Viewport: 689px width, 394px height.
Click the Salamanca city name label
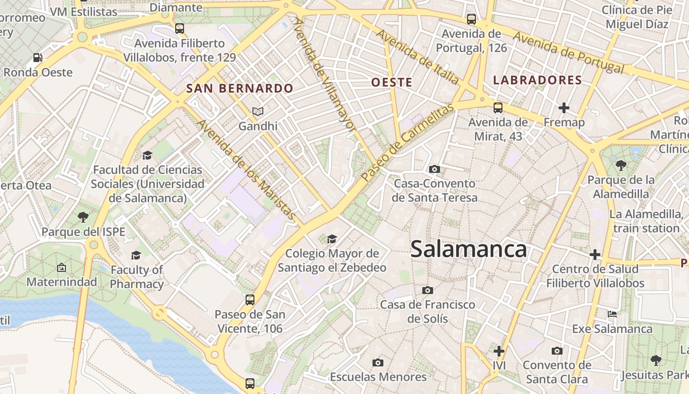pos(469,249)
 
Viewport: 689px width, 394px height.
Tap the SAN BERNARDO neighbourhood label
pos(240,89)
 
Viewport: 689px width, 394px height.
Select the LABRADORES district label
pos(537,80)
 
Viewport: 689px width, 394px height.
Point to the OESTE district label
pos(392,82)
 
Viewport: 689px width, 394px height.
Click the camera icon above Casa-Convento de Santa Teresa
pos(434,169)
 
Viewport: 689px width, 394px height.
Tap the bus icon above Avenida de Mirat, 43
pos(498,108)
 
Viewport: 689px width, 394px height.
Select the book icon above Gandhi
pos(258,112)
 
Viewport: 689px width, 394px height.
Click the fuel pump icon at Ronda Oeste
pos(37,58)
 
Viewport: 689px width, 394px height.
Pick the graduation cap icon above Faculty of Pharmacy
pos(136,255)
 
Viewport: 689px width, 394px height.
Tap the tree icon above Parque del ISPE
pos(83,217)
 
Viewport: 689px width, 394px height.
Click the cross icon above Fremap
pos(564,108)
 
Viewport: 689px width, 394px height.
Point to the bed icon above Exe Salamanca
pos(612,314)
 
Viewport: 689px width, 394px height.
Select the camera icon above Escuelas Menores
pos(377,363)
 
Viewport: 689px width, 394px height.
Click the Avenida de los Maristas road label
pos(246,170)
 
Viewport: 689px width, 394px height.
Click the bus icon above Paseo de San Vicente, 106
pos(250,299)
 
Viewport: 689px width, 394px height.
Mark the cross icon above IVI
pos(499,351)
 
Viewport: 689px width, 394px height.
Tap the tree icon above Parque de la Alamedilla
pos(621,165)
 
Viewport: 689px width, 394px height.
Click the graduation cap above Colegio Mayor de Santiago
pos(332,239)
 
